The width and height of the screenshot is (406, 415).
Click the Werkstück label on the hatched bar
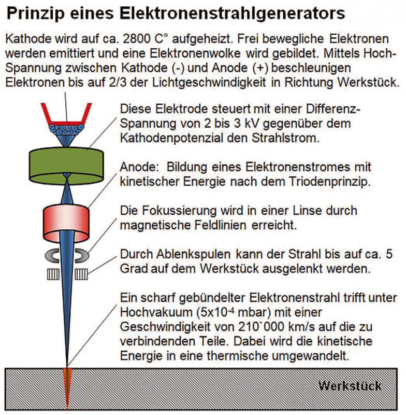coord(350,386)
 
